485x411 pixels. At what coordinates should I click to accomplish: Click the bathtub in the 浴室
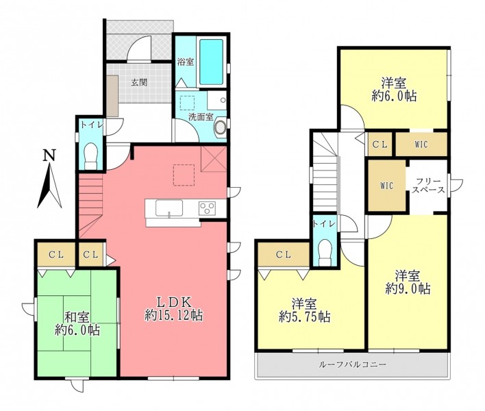tap(211, 62)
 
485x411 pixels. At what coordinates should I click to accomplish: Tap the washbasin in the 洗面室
tap(220, 127)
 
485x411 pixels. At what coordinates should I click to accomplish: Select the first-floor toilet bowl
tap(91, 155)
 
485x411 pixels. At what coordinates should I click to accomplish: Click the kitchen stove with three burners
tap(208, 208)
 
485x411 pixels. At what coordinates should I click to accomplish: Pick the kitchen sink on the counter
tap(169, 208)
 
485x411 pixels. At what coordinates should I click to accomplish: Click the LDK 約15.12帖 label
tap(174, 309)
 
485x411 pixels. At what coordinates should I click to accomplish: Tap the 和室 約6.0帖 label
tap(77, 324)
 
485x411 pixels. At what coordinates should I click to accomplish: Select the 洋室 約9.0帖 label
tap(408, 282)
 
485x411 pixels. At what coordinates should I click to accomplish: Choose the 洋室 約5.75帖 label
tap(305, 310)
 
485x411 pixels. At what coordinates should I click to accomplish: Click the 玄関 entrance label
tap(139, 83)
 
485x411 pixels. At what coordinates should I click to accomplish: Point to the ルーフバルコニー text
tap(352, 364)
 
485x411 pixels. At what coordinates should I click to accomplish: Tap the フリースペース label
tap(428, 186)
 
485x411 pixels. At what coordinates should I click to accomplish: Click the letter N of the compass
tap(49, 155)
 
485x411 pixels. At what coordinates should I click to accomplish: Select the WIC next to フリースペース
tap(386, 186)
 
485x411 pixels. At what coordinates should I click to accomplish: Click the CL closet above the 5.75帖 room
tap(284, 255)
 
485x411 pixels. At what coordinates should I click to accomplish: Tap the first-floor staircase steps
tap(90, 206)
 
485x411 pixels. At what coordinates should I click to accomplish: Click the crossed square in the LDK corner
tap(214, 159)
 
